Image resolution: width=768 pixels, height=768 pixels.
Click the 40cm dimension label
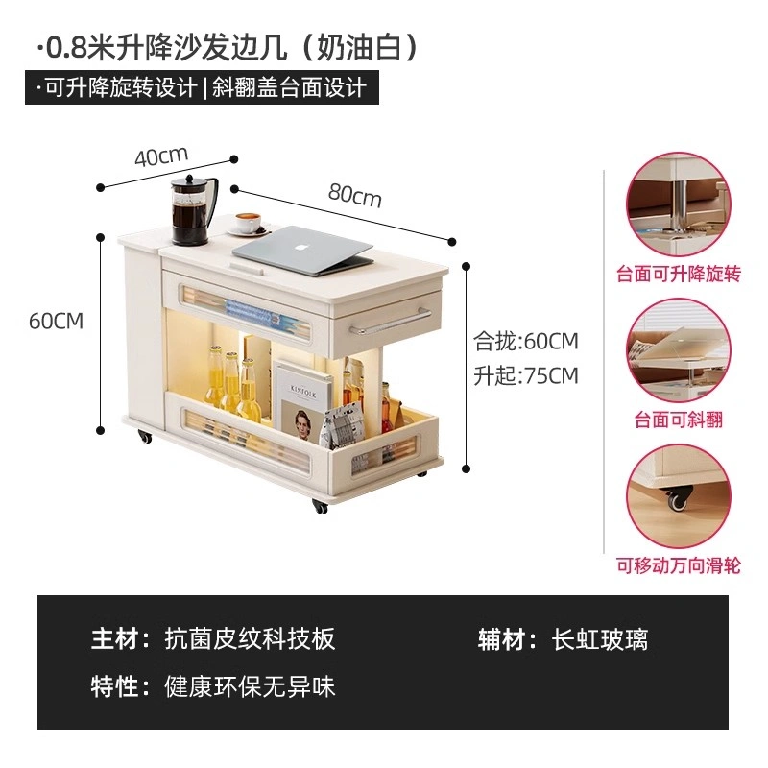[161, 156]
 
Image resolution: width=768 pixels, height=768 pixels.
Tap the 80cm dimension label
[354, 195]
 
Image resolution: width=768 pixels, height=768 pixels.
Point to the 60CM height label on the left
[57, 322]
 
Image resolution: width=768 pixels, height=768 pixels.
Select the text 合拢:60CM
[525, 341]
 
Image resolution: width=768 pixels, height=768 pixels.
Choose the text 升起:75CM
[525, 375]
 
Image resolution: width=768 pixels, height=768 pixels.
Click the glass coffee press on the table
[194, 209]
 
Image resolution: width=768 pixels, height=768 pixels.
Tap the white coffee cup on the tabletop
[249, 224]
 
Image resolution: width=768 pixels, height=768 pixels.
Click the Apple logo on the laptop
[298, 246]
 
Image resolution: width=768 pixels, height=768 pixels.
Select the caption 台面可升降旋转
[679, 274]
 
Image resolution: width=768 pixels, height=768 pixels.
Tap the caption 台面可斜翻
[679, 420]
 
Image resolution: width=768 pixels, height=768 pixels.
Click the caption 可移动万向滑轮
[679, 565]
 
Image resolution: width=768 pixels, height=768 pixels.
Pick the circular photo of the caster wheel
[679, 496]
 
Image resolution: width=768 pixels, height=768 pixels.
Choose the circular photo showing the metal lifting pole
[679, 204]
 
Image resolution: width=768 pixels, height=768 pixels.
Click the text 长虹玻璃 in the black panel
[599, 639]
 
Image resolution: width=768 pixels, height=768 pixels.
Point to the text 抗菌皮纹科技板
[250, 638]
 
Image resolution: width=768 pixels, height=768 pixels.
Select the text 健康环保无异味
[250, 686]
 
